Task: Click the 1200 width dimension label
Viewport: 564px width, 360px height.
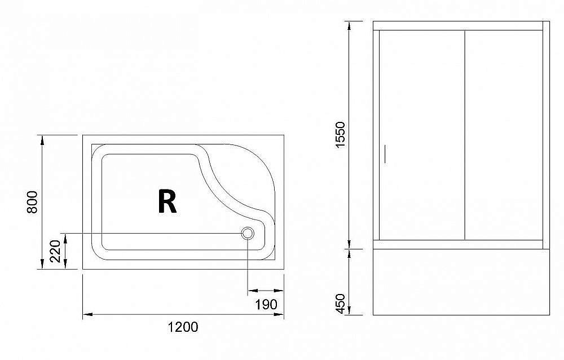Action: tap(183, 327)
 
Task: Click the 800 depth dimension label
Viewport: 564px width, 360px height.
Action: tap(32, 202)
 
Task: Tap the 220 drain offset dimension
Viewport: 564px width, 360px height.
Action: tap(55, 251)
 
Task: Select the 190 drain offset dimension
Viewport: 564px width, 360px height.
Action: tap(266, 305)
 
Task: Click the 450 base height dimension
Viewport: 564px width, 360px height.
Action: tap(340, 303)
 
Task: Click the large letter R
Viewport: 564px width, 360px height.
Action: tap(168, 201)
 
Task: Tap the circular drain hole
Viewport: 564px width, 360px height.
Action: tap(248, 233)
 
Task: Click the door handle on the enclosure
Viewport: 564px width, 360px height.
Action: tap(386, 155)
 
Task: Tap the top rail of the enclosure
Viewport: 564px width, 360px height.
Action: tap(461, 25)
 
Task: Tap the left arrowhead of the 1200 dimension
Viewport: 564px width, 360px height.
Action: tap(86, 314)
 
